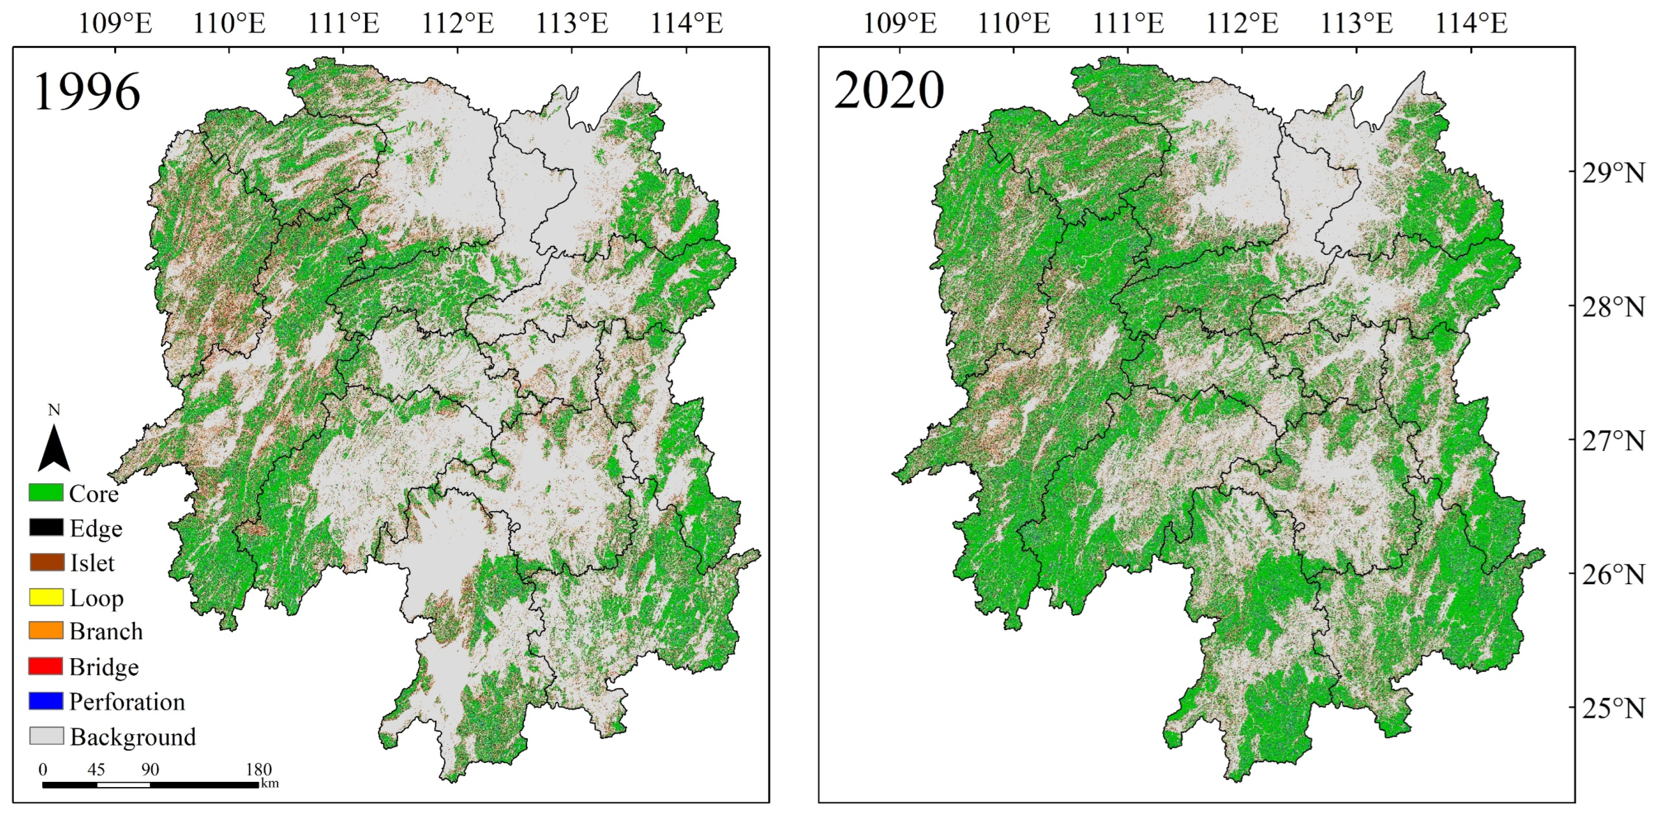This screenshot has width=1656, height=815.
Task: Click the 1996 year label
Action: click(87, 92)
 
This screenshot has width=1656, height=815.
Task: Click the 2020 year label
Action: click(889, 90)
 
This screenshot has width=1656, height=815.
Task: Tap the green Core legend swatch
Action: click(46, 493)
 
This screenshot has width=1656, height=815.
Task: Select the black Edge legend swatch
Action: click(46, 528)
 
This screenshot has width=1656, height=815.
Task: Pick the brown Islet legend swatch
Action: click(46, 562)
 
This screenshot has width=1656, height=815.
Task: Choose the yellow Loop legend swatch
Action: click(46, 597)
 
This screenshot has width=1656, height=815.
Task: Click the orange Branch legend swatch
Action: click(46, 631)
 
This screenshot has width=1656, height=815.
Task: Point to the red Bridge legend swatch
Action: click(46, 667)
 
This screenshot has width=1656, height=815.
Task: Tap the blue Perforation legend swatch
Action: click(46, 701)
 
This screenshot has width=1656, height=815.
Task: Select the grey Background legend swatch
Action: click(46, 736)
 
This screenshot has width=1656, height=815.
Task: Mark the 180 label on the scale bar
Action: click(259, 769)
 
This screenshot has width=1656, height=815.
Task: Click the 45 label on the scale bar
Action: click(96, 769)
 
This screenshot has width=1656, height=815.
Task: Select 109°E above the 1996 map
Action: click(115, 24)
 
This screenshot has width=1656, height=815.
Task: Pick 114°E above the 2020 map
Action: click(1471, 24)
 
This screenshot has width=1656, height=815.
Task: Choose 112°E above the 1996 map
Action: click(458, 24)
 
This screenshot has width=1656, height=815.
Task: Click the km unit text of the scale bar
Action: click(270, 783)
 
